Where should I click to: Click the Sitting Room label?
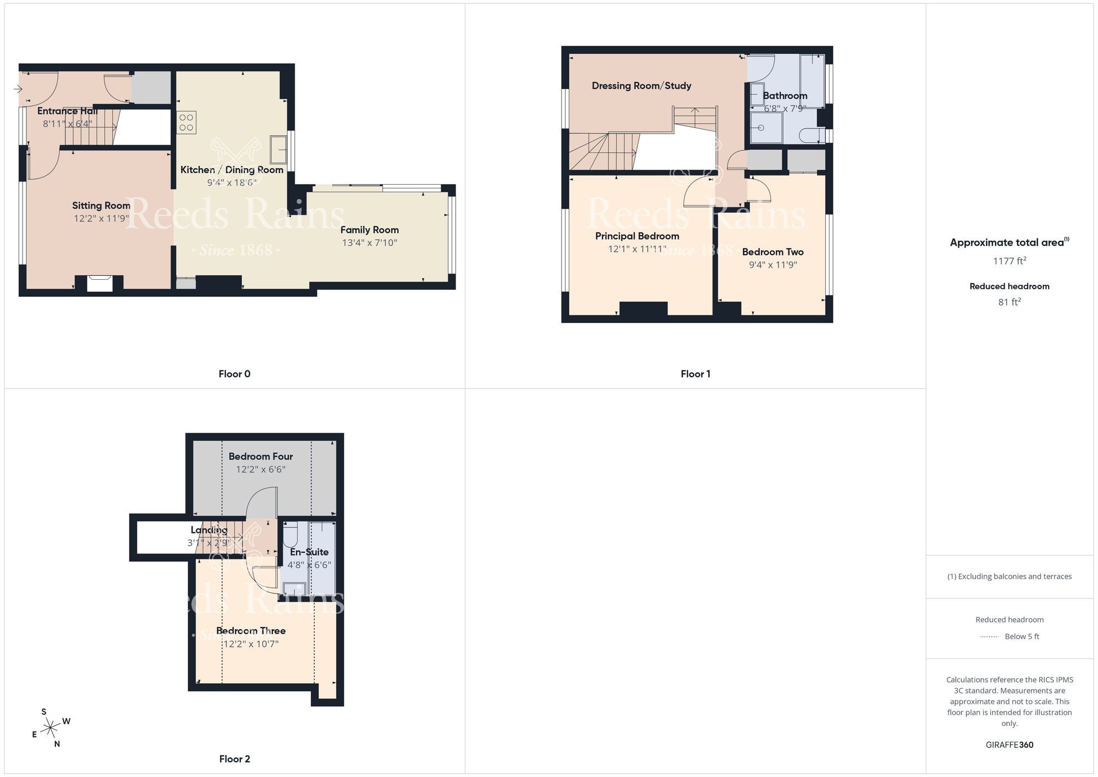click(101, 206)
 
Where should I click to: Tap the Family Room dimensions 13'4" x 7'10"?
click(369, 243)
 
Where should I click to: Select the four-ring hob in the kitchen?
click(186, 123)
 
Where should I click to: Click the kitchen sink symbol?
click(278, 149)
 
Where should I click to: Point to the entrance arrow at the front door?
click(18, 88)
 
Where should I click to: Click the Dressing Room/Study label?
click(641, 86)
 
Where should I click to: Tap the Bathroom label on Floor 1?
click(785, 96)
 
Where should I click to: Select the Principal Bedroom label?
click(637, 236)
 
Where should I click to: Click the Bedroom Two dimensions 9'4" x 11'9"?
click(773, 265)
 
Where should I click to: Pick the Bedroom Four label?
click(261, 457)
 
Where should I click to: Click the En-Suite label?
click(309, 552)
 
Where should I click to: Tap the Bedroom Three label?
click(251, 631)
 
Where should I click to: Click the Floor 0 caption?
click(234, 374)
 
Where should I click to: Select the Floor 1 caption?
click(696, 374)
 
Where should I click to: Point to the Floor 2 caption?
click(234, 759)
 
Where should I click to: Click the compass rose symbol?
click(51, 729)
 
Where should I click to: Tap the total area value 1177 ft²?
click(1010, 261)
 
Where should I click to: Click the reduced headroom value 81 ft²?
click(1010, 302)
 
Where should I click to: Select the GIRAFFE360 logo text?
click(1010, 745)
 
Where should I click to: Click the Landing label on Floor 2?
click(209, 530)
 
